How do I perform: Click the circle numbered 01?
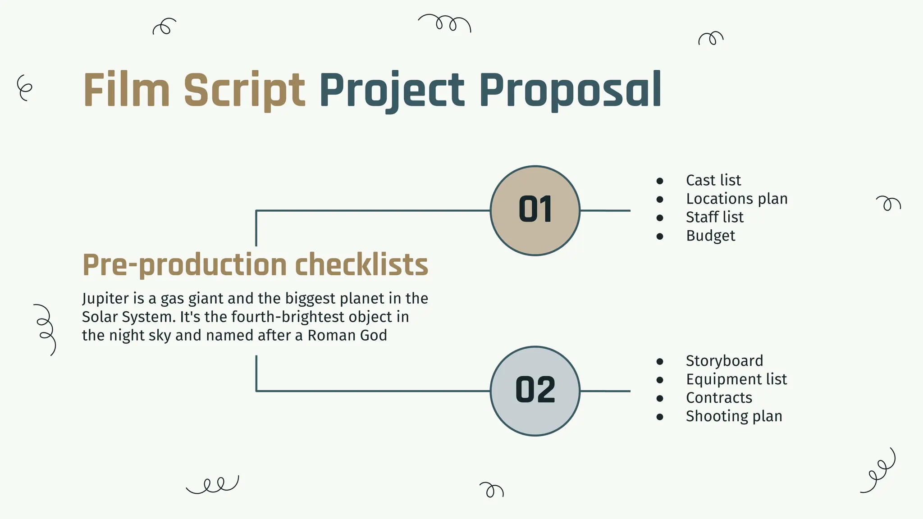pyautogui.click(x=535, y=210)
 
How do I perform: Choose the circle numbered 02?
pyautogui.click(x=535, y=391)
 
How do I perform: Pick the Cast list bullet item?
pyautogui.click(x=713, y=180)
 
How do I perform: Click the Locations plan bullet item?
pyautogui.click(x=736, y=199)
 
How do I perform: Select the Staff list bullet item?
pyautogui.click(x=714, y=217)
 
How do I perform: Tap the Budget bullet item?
pyautogui.click(x=710, y=236)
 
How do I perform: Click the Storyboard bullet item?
pyautogui.click(x=724, y=361)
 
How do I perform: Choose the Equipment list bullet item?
pyautogui.click(x=736, y=379)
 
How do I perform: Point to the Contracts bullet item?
pyautogui.click(x=719, y=398)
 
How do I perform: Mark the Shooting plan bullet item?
pyautogui.click(x=734, y=416)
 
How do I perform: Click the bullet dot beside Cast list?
pyautogui.click(x=660, y=181)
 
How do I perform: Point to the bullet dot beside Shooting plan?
pyautogui.click(x=660, y=417)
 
